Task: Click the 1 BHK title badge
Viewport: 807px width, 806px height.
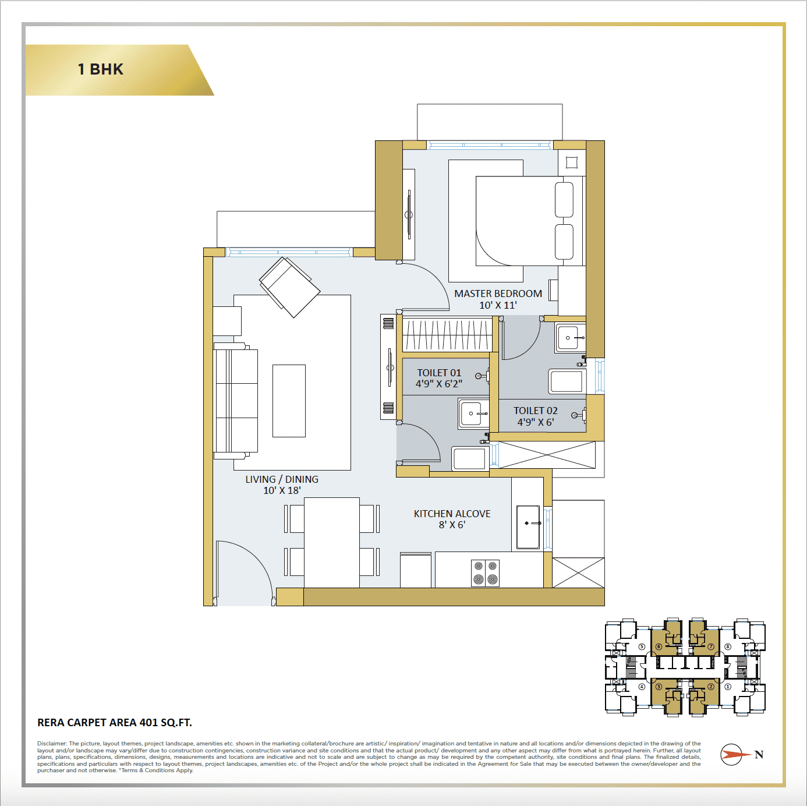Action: [x=101, y=69]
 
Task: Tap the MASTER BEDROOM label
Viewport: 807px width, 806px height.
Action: [x=498, y=294]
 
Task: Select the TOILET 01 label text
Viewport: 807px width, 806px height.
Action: [x=439, y=373]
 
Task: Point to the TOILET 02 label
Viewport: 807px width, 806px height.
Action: [x=536, y=411]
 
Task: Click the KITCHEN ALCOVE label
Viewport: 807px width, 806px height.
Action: [x=452, y=514]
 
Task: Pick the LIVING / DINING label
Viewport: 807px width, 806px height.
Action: [x=282, y=479]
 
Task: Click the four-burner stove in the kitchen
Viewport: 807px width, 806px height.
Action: [x=486, y=572]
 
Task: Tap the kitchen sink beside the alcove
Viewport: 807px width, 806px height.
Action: [x=528, y=527]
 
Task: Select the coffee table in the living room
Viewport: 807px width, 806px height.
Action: [x=289, y=401]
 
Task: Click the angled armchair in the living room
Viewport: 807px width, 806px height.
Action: [x=289, y=287]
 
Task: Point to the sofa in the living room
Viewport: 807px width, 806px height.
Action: [x=236, y=401]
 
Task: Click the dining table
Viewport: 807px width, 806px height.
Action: [x=332, y=542]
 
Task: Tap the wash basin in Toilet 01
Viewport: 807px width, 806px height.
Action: [x=473, y=413]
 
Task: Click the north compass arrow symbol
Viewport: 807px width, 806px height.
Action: [x=735, y=755]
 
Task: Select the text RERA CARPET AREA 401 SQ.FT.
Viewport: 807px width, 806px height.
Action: [x=115, y=723]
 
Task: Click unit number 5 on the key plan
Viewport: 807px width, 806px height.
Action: [x=642, y=646]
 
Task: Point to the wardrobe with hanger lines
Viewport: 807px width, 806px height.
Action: [x=447, y=335]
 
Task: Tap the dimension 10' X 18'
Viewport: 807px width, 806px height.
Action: [x=282, y=490]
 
